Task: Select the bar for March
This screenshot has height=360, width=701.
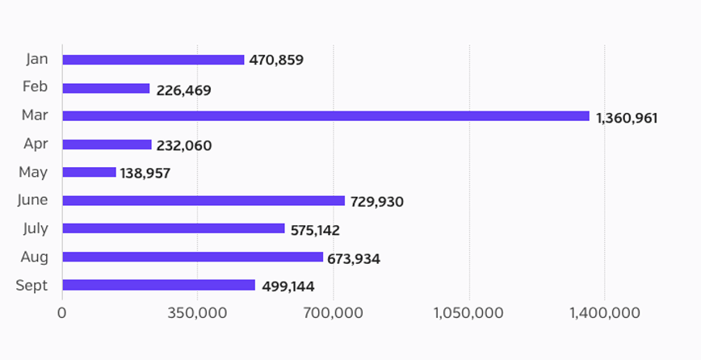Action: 325,116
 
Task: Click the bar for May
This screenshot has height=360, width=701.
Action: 89,173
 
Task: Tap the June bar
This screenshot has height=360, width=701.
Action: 204,201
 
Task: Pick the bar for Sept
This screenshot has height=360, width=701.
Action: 158,286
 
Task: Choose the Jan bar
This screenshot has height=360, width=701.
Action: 153,60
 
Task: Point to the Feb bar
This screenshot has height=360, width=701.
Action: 106,88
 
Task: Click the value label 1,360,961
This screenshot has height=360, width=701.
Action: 627,118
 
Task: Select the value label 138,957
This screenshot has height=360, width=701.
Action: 145,174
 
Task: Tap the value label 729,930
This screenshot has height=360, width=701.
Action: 376,202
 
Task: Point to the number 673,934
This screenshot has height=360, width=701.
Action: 354,259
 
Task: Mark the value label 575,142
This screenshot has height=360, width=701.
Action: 314,230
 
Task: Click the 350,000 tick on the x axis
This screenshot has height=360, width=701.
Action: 198,313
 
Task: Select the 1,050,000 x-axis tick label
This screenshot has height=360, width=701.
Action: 468,313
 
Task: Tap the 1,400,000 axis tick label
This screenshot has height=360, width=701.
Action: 604,313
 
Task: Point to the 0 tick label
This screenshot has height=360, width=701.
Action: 62,313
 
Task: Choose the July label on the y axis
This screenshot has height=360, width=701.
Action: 36,228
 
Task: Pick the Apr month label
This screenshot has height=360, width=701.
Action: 36,144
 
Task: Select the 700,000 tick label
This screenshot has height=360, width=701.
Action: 334,313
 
